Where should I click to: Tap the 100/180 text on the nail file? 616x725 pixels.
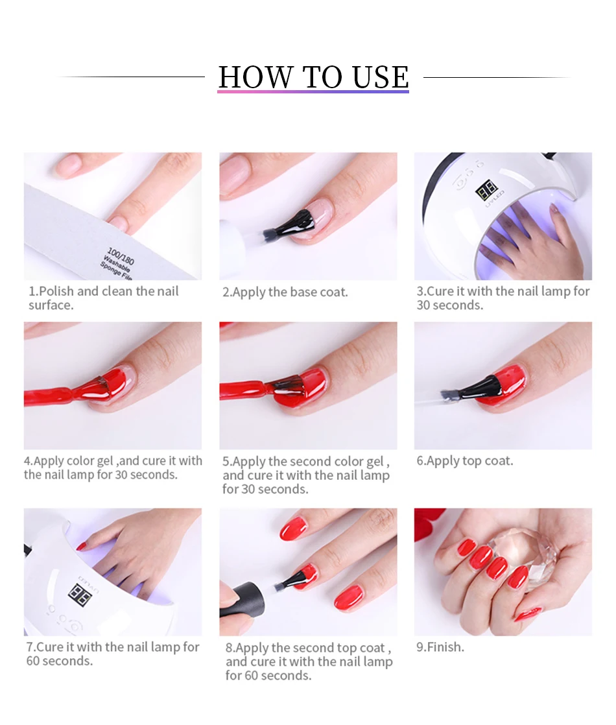coord(120,256)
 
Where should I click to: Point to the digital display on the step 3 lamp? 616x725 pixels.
coord(486,190)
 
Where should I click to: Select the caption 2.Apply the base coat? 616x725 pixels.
coord(285,292)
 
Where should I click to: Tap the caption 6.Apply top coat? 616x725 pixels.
coord(465,461)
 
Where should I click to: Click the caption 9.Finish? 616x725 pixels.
coord(440,647)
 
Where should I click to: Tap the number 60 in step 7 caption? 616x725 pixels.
coord(33,661)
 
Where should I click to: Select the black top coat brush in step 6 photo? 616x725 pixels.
coord(471,389)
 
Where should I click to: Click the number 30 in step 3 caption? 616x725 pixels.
coord(423,305)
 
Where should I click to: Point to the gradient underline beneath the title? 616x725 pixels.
coord(313,91)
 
